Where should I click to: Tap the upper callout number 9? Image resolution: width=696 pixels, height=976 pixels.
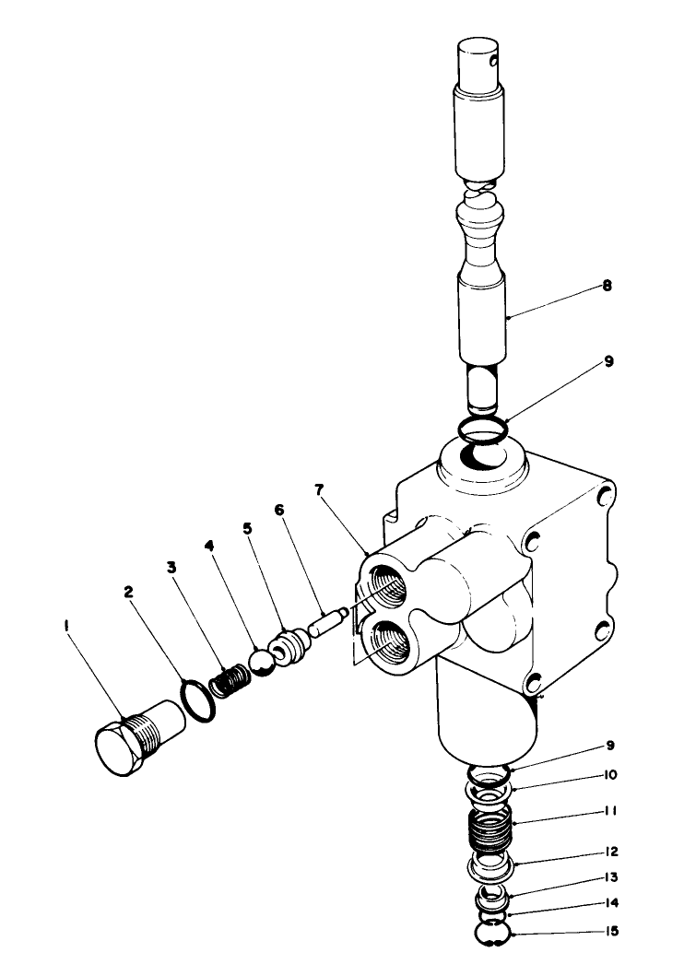point(608,363)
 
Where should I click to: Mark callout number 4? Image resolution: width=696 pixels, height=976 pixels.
point(210,547)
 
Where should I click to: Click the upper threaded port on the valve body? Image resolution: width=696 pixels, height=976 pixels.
point(387,586)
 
